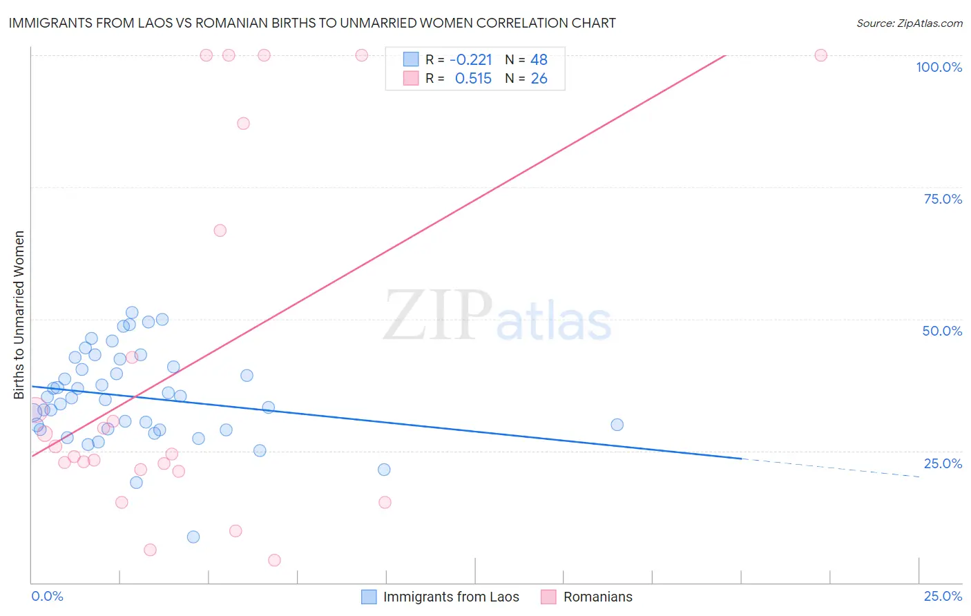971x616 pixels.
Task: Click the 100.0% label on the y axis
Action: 939,67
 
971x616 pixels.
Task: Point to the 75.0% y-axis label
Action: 943,199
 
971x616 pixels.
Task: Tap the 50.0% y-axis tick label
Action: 942,331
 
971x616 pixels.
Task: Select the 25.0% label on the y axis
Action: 943,463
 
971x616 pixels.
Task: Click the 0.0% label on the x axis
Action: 47,596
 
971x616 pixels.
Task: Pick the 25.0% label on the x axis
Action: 943,596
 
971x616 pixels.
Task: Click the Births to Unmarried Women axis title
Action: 19,315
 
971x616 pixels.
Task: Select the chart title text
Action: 312,23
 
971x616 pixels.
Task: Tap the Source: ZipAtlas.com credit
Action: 909,23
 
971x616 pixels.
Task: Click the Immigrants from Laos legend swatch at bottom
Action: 369,597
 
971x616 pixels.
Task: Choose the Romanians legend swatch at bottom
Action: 549,597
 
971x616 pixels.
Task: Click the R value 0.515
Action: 473,79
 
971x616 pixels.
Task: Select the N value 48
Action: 539,60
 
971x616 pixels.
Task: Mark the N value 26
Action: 539,79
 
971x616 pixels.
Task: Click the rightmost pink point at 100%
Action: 820,55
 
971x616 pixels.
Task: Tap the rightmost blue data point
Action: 617,425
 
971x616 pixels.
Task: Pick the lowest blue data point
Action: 193,537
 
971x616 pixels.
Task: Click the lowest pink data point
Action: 274,560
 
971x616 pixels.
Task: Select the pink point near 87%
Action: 243,124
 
